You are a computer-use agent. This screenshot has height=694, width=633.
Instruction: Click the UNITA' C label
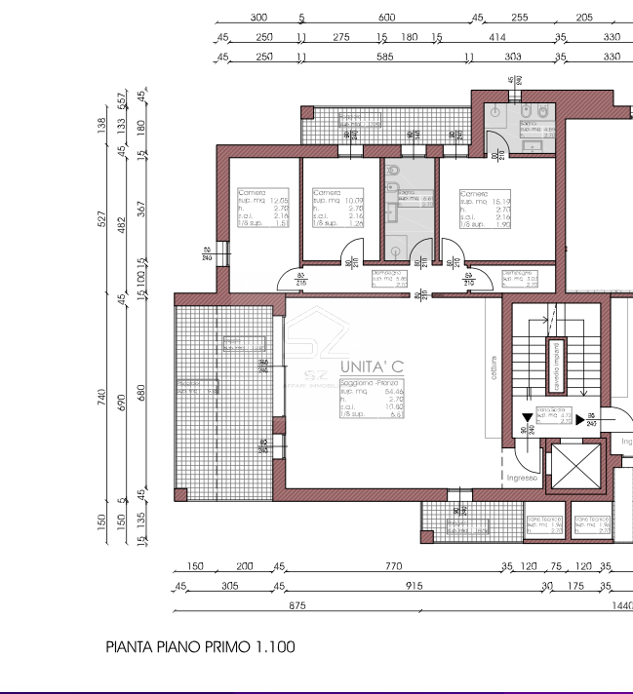coord(371,366)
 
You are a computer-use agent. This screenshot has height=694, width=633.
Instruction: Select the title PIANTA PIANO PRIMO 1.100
coord(200,646)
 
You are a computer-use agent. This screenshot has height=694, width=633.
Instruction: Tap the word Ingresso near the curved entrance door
coord(524,478)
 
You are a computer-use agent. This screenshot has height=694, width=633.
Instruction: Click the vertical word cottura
coord(495,373)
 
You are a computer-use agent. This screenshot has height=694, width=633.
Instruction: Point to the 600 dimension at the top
coord(386,18)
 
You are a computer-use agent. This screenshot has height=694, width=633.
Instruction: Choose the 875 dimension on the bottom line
coord(297,605)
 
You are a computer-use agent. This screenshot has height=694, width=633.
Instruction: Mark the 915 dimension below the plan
coord(414,586)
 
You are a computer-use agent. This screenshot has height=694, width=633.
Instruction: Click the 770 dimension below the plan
coord(393,566)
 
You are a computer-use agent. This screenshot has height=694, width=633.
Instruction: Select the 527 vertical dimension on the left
coord(101,218)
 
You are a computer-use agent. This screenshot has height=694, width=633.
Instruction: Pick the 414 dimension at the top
coord(496,37)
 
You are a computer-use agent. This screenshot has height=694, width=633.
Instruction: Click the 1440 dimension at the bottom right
coord(621,605)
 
